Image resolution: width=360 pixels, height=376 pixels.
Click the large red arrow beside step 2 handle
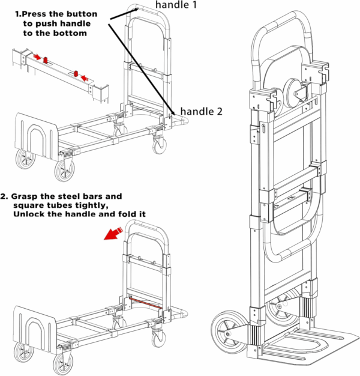pyautogui.click(x=112, y=232)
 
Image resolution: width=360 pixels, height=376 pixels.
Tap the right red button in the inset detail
pyautogui.click(x=76, y=74)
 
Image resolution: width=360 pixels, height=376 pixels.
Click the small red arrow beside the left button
pyautogui.click(x=37, y=56)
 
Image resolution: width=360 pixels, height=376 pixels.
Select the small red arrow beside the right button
pyautogui.click(x=85, y=77)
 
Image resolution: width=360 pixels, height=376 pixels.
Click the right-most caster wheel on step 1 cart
pyautogui.click(x=160, y=145)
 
